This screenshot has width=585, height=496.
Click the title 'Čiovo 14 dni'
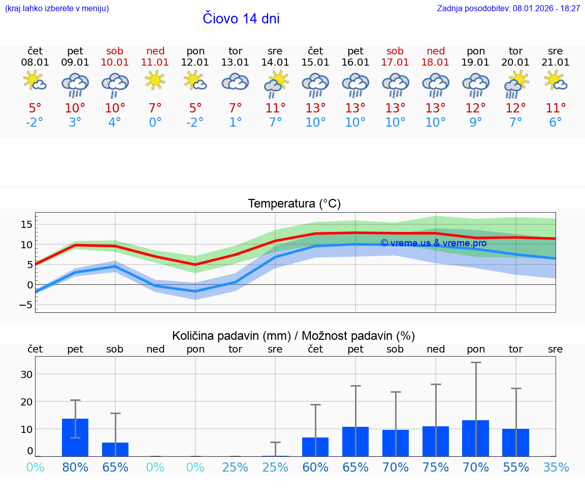[x=241, y=19]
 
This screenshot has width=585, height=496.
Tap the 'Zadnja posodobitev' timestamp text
[x=508, y=9]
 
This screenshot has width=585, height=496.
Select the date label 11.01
[x=155, y=62]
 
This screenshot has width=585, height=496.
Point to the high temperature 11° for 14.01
[x=275, y=108]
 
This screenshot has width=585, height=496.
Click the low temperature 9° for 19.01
[x=476, y=123]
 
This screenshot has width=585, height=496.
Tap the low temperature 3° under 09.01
[x=75, y=123]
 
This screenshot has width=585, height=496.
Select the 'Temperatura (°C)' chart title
[x=294, y=204]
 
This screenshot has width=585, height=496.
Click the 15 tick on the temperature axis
[x=26, y=224]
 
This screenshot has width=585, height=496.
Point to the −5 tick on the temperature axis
[x=25, y=305]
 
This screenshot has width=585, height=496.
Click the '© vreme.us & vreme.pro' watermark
[x=433, y=243]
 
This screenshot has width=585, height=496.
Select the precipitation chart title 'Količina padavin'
[x=294, y=336]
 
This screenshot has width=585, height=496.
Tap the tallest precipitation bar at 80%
[x=75, y=437]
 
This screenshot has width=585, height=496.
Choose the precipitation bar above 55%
[x=515, y=443]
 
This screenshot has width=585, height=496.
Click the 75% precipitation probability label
[x=436, y=468]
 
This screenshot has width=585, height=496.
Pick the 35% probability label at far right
[x=556, y=468]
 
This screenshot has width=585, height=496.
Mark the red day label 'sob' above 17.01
[x=395, y=51]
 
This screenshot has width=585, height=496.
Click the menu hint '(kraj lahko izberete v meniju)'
[x=57, y=9]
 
